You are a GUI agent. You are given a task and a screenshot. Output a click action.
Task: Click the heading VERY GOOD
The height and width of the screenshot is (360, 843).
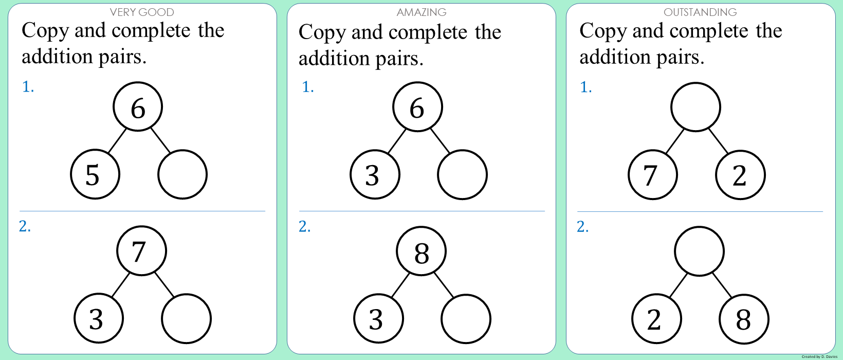pos(142,12)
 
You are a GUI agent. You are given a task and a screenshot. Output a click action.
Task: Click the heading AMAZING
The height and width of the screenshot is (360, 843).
pos(421,12)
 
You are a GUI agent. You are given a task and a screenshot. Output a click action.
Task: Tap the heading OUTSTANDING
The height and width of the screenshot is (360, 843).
pos(700,12)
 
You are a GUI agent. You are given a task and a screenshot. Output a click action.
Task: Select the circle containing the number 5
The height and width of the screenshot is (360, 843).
pos(95,174)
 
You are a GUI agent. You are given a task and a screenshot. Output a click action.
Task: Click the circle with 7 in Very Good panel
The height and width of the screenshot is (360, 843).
pos(141,251)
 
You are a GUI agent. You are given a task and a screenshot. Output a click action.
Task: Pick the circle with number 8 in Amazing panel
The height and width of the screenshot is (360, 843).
pos(421,251)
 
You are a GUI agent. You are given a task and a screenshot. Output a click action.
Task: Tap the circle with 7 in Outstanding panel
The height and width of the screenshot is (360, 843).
pos(653,175)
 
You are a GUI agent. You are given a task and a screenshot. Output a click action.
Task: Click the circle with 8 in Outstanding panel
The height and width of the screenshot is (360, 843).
pos(744,319)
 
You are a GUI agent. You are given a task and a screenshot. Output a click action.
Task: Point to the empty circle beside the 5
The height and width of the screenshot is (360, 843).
pos(182,174)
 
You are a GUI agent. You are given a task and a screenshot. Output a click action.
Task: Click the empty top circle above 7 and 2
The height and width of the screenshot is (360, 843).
pos(695,107)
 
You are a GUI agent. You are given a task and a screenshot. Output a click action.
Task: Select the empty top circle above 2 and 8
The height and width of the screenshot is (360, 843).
pos(699,251)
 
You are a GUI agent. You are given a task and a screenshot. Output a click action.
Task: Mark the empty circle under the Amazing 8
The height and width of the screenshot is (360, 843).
pos(466,319)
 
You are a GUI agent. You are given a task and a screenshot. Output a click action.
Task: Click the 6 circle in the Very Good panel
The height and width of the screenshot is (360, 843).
pos(138,107)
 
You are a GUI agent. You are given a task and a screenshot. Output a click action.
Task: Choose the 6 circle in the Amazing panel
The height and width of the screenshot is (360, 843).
pos(417,107)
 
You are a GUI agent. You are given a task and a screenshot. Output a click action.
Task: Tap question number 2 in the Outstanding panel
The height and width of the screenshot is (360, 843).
pos(583,227)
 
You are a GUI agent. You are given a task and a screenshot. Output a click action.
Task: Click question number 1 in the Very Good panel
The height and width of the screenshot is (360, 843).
pos(28,87)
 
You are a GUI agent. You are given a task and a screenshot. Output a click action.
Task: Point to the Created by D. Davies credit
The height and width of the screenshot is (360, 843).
pos(819,356)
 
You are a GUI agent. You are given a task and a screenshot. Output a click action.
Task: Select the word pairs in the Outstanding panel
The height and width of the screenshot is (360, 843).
pos(679,57)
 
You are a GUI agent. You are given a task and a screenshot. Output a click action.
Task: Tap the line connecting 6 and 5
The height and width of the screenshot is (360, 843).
pos(117,140)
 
